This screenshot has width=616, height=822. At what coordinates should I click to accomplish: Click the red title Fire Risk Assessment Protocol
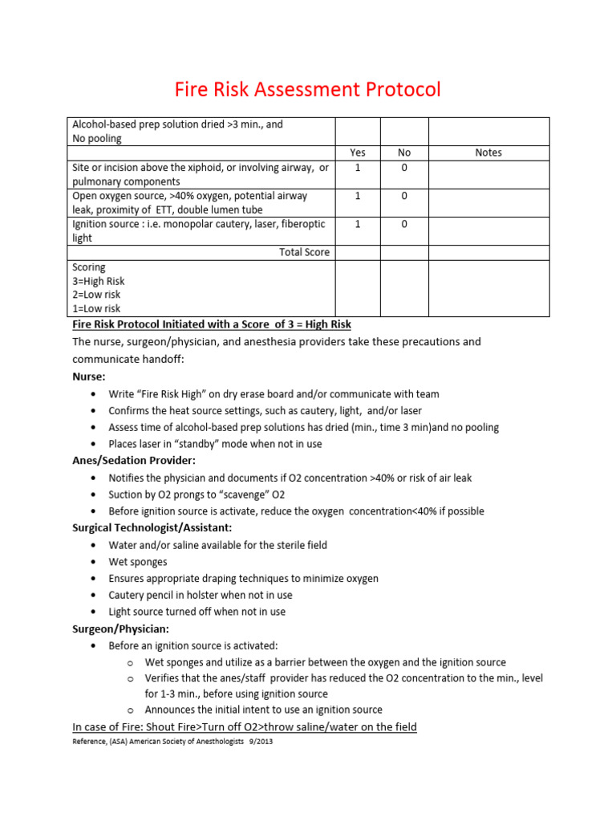pos(308,89)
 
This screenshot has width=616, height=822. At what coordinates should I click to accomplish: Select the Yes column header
pos(358,153)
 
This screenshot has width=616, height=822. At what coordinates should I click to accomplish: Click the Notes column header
pos(488,153)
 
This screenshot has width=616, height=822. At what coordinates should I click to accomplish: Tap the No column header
pos(404,153)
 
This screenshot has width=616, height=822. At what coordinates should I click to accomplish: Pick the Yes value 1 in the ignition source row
pos(358,225)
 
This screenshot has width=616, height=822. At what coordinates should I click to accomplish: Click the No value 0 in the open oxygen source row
pos(404,196)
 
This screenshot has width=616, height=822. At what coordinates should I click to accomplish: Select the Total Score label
pos(304,252)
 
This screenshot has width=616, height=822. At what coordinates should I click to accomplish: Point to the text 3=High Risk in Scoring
pos(99,281)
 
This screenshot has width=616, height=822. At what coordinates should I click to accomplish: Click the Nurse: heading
pos(89,376)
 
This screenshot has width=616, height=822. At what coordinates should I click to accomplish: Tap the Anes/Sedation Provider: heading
pos(134,461)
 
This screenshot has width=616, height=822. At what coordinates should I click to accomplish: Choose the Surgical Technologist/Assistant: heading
pos(153,527)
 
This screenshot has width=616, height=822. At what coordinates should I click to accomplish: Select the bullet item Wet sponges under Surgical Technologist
pos(138,562)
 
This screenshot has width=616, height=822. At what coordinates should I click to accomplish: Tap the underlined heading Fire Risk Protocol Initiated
pos(212,324)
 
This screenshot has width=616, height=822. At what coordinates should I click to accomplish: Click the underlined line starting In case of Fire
pos(245,727)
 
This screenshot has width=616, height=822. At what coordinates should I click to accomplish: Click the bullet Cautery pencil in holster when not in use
pos(201,595)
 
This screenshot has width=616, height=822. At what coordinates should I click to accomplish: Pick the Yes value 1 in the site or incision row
pos(358,167)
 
